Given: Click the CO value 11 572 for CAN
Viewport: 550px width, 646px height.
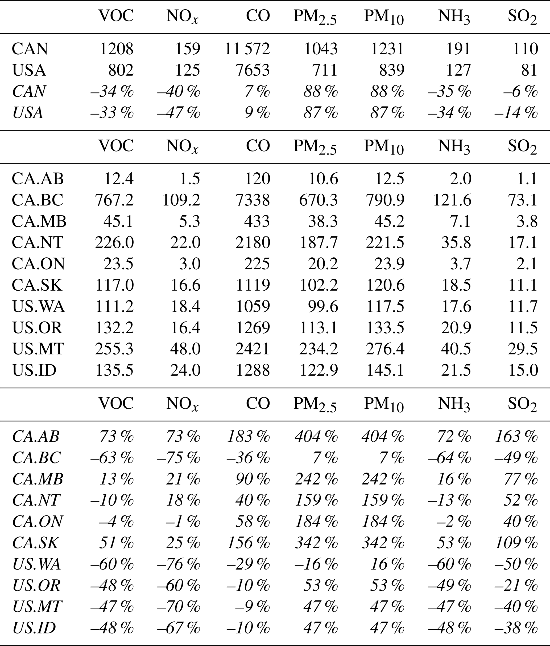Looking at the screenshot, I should tap(247, 49).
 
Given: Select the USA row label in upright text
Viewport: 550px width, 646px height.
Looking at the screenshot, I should tap(29, 70).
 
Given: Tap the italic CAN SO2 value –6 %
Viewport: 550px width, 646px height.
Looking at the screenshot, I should tap(521, 91).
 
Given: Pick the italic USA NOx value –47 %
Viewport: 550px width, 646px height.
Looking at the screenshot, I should tap(179, 113).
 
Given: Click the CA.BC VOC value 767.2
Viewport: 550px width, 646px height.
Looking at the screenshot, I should tap(114, 200).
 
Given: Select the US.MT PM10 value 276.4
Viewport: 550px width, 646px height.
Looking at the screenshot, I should tap(385, 348).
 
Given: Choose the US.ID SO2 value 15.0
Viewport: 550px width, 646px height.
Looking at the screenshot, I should tap(523, 370).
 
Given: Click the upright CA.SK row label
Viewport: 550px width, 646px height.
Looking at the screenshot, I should tap(37, 285).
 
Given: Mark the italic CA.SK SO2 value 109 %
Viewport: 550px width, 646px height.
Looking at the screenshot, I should tap(516, 543).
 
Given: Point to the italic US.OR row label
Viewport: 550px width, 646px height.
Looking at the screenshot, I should tap(36, 585).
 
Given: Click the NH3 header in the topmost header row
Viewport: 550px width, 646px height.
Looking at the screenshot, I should tap(454, 16).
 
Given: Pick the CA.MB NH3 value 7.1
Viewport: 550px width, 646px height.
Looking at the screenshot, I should tap(460, 221).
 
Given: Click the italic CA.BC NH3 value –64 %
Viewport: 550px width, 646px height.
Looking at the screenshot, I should tap(449, 457).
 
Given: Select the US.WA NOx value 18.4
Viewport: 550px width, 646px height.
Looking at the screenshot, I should tap(186, 306).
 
